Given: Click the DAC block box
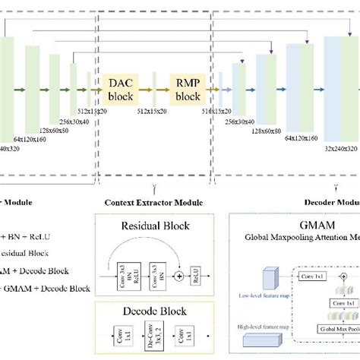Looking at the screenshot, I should pyautogui.click(x=121, y=90).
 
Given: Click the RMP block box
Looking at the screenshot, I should pyautogui.click(x=188, y=90).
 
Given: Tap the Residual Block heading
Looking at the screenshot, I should pyautogui.click(x=155, y=226).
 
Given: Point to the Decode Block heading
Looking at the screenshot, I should pyautogui.click(x=154, y=311).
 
